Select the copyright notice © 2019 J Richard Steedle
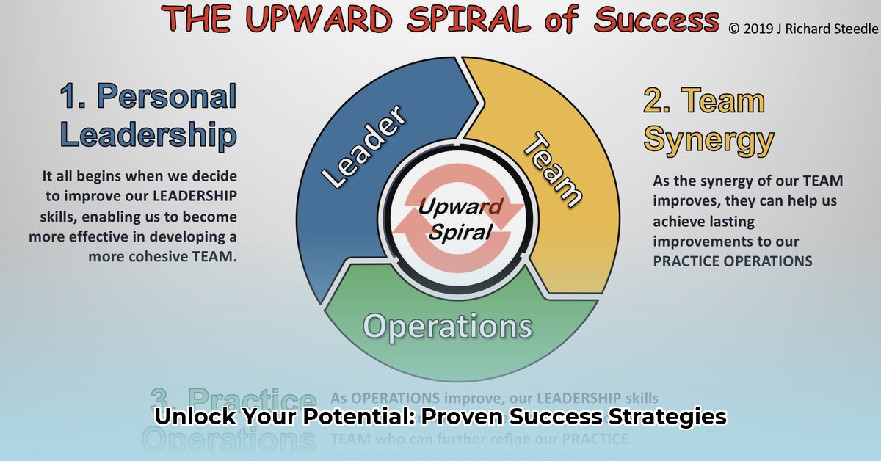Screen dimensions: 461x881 [803, 29]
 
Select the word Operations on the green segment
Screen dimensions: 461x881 [448, 326]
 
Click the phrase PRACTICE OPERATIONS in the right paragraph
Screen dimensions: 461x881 [732, 261]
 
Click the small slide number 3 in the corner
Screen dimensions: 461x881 [35, 449]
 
